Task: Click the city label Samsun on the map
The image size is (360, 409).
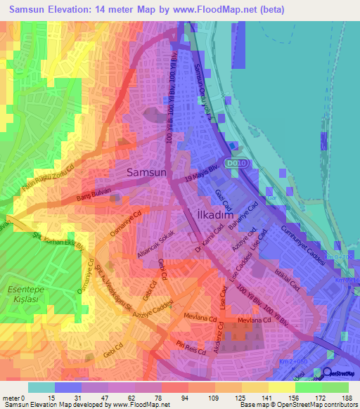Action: (x=146, y=171)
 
